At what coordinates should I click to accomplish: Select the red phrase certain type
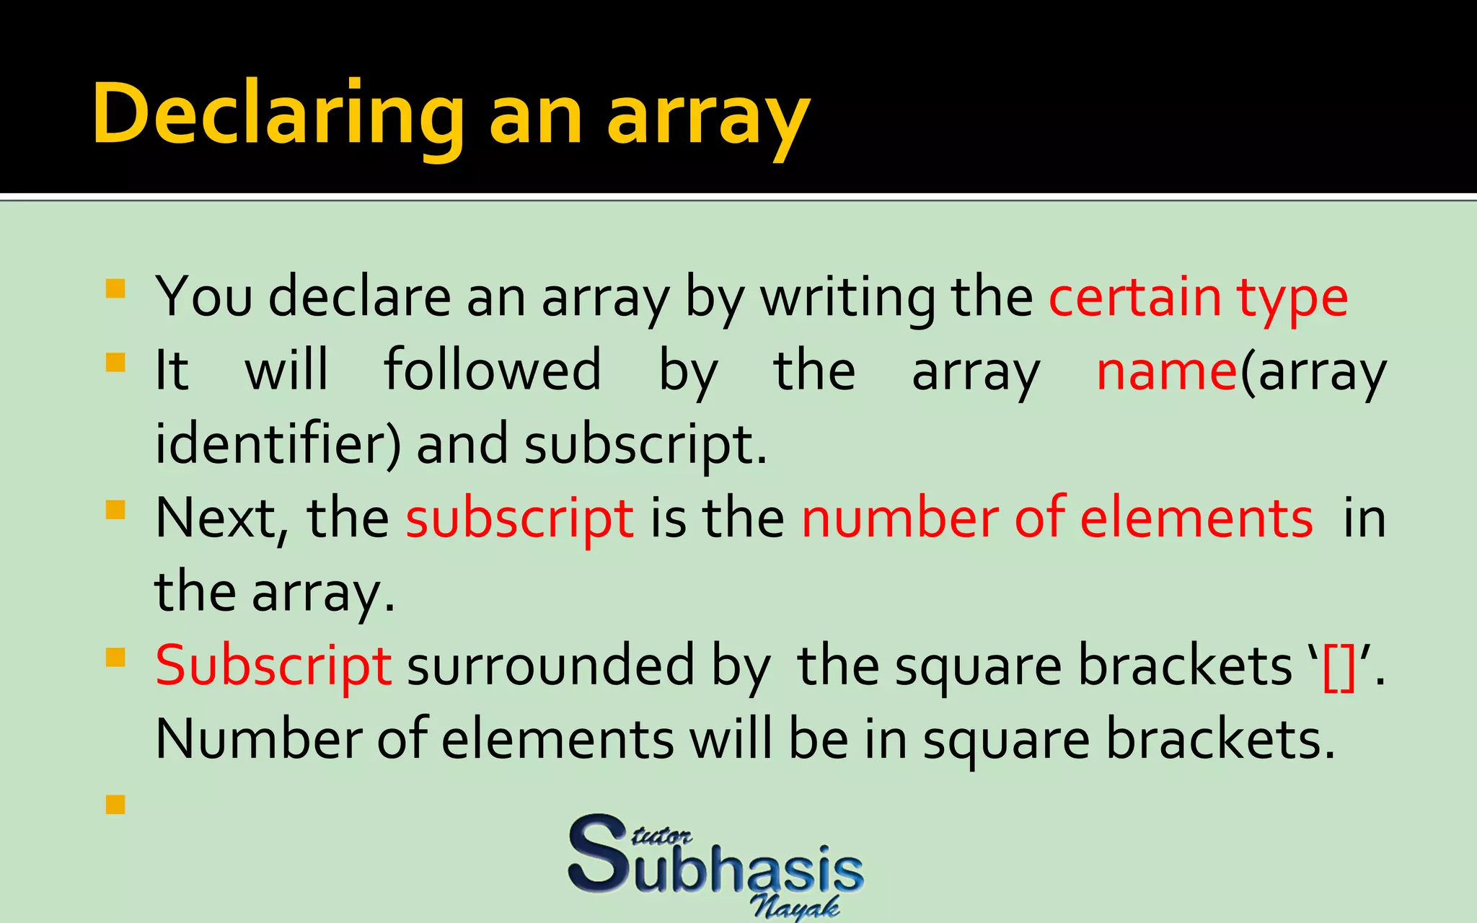pyautogui.click(x=1198, y=297)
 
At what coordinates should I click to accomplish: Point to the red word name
pyautogui.click(x=1167, y=371)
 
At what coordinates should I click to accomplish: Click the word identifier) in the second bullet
pyautogui.click(x=278, y=444)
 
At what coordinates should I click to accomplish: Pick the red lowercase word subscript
pyautogui.click(x=519, y=519)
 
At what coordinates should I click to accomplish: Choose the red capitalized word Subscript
pyautogui.click(x=273, y=666)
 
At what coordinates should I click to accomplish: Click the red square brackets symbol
pyautogui.click(x=1339, y=668)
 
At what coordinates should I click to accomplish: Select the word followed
pyautogui.click(x=492, y=370)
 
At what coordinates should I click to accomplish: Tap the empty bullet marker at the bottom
pyautogui.click(x=115, y=804)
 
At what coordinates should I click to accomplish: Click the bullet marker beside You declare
pyautogui.click(x=115, y=289)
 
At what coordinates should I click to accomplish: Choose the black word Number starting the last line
pyautogui.click(x=258, y=740)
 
